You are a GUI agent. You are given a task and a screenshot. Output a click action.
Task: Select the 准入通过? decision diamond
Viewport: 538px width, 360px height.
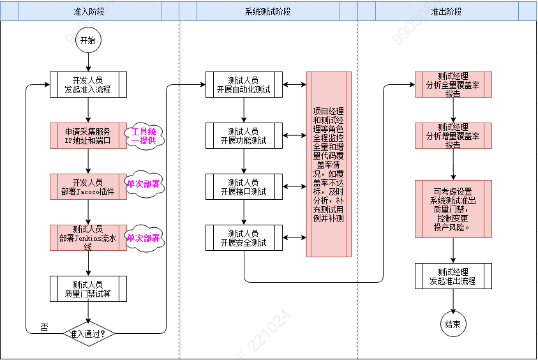point(88,333)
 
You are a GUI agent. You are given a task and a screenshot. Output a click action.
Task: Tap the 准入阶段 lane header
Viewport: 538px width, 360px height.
point(89,11)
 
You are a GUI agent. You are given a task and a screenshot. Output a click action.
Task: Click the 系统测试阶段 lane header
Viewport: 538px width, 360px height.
point(267,11)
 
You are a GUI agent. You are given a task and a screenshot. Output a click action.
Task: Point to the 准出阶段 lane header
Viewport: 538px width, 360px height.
point(446,11)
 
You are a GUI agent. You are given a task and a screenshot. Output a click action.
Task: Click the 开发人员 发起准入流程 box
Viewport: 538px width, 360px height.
point(88,85)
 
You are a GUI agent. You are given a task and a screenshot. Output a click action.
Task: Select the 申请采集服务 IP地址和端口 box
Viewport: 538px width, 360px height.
point(88,136)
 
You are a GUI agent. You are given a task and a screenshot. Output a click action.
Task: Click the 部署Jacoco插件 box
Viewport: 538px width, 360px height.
point(88,187)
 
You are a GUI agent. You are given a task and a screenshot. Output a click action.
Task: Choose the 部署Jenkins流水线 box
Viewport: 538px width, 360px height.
point(88,237)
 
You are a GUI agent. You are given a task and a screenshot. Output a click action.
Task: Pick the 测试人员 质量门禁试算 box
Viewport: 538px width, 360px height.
point(88,289)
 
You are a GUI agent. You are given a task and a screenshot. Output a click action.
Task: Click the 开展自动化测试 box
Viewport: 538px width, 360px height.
point(243,85)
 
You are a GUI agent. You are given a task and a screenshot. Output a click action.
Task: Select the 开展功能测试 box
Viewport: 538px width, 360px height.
point(243,135)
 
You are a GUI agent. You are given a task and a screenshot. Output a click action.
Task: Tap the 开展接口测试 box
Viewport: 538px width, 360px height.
point(243,186)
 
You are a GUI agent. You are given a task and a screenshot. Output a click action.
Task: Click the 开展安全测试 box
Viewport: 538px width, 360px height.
point(243,237)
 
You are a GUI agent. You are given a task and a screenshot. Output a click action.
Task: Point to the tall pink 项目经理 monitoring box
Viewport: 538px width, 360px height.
point(329,164)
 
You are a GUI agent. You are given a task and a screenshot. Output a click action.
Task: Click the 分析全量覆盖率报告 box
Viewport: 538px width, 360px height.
point(453,84)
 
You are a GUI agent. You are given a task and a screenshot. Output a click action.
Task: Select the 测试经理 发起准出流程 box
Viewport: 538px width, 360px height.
point(453,276)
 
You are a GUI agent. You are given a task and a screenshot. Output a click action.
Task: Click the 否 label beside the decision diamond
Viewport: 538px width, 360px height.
point(44,327)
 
